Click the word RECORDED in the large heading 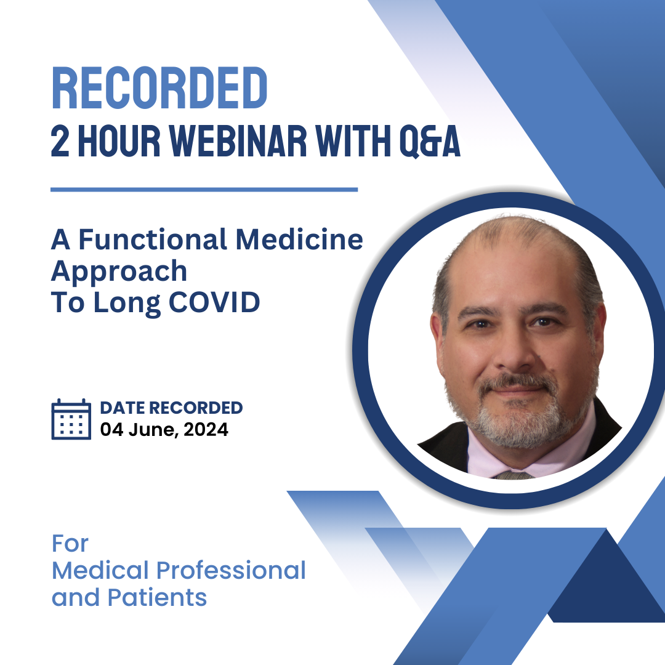click(x=159, y=89)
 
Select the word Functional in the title click(x=157, y=240)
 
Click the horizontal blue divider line click(x=204, y=190)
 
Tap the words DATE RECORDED click(x=171, y=408)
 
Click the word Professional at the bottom click(x=231, y=570)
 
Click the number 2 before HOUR click(x=60, y=143)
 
